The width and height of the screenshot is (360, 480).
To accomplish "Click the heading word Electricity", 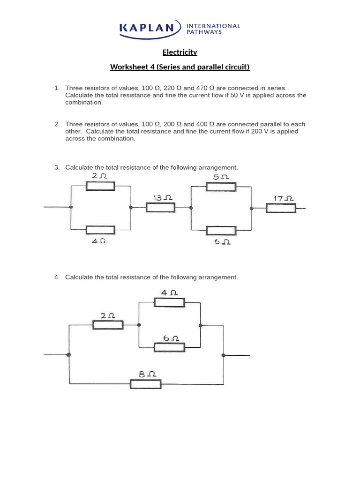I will point(180,52).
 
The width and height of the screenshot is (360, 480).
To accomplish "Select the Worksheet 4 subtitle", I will point(180,67).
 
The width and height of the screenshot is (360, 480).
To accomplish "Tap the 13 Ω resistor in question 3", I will point(161,207).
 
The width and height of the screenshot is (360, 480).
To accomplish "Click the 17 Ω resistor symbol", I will point(281,208).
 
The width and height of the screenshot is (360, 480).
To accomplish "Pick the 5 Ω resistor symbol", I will point(221,187).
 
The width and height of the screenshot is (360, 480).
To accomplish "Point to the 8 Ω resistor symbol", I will point(145,384).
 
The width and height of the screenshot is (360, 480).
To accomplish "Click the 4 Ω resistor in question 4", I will point(170,302).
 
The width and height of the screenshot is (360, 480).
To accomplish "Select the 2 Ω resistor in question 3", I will point(100,186).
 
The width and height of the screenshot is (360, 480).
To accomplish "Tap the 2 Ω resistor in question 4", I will point(108,325).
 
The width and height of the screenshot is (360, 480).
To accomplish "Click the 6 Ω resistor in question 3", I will point(221,231).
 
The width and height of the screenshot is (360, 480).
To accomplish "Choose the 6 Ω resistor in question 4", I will point(169,347).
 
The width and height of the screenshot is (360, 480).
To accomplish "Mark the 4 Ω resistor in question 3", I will point(100,230).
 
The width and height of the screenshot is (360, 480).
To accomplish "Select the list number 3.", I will point(57,167).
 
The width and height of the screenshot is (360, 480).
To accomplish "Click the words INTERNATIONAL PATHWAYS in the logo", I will point(213,29).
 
